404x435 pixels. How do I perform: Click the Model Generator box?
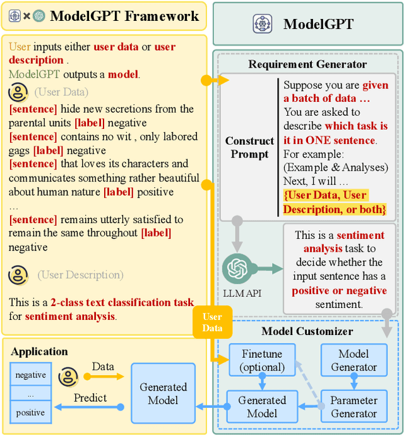pyautogui.click(x=353, y=360)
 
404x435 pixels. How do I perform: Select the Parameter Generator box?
pyautogui.click(x=353, y=407)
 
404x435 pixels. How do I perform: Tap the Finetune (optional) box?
pyautogui.click(x=262, y=360)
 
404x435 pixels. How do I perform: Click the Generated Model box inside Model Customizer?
pyautogui.click(x=262, y=407)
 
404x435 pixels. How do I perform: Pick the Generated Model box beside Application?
pyautogui.click(x=163, y=393)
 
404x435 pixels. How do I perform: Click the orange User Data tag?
pyautogui.click(x=212, y=322)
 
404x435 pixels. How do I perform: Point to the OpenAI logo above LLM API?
pyautogui.click(x=237, y=268)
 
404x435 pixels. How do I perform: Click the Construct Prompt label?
pyautogui.click(x=250, y=147)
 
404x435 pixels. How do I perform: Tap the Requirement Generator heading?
pyautogui.click(x=307, y=64)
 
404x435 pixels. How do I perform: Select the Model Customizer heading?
pyautogui.click(x=307, y=331)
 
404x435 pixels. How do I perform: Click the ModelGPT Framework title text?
pyautogui.click(x=124, y=16)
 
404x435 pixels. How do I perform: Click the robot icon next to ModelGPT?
pyautogui.click(x=261, y=25)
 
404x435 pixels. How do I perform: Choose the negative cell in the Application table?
pyautogui.click(x=30, y=375)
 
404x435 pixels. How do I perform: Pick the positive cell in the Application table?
pyautogui.click(x=30, y=413)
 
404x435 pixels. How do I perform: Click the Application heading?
pyautogui.click(x=39, y=352)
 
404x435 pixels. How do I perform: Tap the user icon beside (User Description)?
pyautogui.click(x=18, y=275)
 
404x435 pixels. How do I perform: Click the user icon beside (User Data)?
pyautogui.click(x=18, y=93)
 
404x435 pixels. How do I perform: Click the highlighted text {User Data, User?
pyautogui.click(x=325, y=195)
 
